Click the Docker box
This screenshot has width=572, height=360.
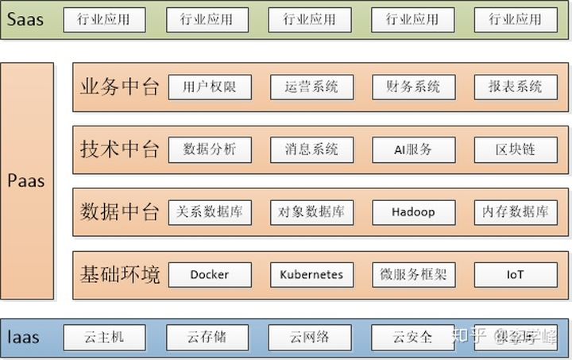click(210, 275)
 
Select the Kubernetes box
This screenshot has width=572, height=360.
click(311, 275)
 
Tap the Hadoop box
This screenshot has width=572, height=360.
click(413, 212)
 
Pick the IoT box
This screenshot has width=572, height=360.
click(515, 275)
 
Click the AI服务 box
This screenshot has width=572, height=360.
click(413, 149)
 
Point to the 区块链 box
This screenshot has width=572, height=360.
click(515, 149)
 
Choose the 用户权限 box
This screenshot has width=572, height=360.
click(210, 87)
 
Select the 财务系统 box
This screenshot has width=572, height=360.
click(413, 87)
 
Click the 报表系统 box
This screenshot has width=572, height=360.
click(515, 87)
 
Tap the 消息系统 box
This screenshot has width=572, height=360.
click(311, 149)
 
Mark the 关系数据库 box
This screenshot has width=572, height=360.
click(210, 212)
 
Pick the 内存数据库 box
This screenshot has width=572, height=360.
click(515, 212)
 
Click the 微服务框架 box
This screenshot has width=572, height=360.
click(413, 275)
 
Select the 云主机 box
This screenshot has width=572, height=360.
click(104, 337)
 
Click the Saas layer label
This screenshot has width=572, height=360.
click(24, 19)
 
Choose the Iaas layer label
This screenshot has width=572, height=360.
click(24, 338)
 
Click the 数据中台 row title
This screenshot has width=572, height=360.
click(120, 212)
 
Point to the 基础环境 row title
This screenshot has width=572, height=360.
click(120, 275)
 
